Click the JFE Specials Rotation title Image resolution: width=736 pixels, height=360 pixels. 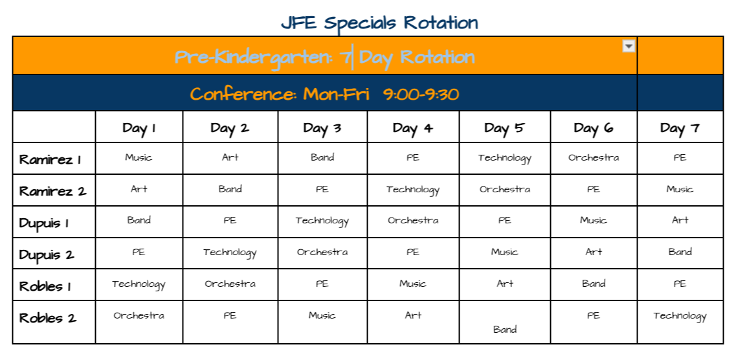pos(379,23)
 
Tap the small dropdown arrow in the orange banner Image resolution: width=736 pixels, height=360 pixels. pos(629,46)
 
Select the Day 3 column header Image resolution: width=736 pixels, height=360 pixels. pos(322,128)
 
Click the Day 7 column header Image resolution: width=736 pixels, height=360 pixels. pos(680,128)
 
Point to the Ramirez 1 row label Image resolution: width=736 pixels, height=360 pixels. pos(50,159)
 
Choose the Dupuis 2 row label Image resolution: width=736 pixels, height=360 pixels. pos(47,255)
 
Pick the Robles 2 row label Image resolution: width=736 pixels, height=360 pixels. pos(48,318)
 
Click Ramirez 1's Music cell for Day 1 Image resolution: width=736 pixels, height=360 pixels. pos(139,157)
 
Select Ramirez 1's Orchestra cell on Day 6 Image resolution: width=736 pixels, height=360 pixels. pos(594,157)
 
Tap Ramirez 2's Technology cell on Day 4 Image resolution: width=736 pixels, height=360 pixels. pos(413,190)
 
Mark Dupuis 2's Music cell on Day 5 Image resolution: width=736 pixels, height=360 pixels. pos(505,252)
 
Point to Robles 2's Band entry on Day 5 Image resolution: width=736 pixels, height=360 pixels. pos(505,329)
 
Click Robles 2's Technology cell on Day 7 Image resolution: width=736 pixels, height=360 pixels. pos(680,316)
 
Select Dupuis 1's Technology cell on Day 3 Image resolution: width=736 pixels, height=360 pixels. pos(322,221)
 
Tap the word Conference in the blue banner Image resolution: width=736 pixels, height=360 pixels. pos(243,94)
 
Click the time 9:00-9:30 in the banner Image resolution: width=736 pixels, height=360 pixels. pos(421,94)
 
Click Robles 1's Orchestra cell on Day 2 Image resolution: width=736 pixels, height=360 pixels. pos(230,284)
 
